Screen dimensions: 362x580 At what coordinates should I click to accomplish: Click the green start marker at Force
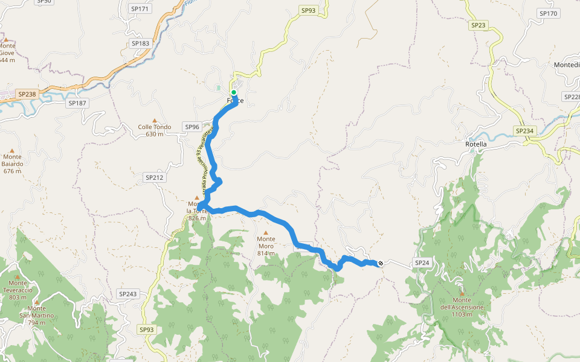234,92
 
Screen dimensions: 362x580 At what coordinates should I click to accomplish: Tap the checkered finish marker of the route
381,262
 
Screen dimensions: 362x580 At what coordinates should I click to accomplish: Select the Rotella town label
476,145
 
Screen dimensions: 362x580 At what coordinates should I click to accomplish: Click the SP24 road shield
422,263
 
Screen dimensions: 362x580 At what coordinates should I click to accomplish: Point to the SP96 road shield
192,127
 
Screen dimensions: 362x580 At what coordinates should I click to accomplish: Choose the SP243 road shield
127,294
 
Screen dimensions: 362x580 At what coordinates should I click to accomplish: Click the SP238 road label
27,94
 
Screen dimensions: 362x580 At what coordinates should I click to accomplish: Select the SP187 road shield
78,103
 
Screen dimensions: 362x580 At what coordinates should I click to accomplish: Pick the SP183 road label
140,43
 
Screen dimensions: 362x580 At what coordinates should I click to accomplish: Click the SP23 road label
477,25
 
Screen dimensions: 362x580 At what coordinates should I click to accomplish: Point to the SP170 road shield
548,13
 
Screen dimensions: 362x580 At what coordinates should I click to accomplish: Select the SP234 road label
525,131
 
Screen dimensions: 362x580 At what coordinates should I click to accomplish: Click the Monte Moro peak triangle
266,232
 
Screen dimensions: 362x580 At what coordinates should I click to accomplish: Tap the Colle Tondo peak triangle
155,121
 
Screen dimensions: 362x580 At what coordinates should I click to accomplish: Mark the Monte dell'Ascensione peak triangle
462,294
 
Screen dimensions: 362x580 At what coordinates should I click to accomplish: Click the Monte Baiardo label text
12,164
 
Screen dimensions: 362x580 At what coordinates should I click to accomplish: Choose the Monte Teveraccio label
18,290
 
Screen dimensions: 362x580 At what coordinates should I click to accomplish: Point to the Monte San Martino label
37,316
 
